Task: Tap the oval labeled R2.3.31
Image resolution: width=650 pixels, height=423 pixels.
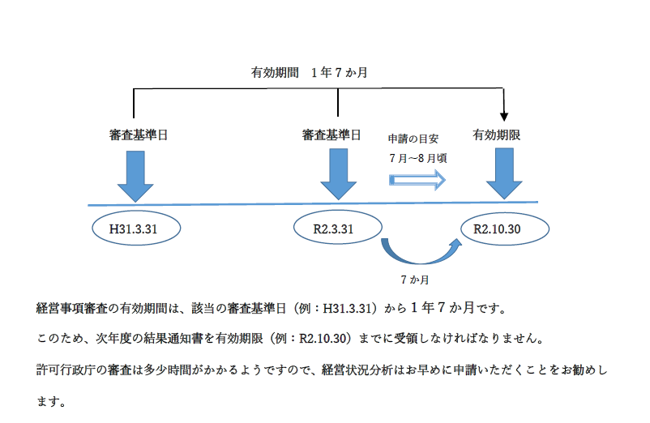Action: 336,229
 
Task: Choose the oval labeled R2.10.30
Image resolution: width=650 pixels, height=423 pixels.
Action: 503,229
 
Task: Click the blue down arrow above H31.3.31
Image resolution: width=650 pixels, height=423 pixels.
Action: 135,173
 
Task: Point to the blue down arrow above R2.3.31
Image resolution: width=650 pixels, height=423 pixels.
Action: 338,173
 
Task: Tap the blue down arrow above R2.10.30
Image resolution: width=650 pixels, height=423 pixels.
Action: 504,173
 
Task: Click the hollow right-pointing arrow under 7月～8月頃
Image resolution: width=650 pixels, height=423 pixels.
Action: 418,180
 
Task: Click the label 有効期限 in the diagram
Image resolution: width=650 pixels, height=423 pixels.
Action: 496,135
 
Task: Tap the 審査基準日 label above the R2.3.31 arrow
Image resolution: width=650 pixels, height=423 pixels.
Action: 331,135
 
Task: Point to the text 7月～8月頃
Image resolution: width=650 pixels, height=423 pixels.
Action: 417,158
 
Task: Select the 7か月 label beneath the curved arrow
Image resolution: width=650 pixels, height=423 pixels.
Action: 415,280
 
